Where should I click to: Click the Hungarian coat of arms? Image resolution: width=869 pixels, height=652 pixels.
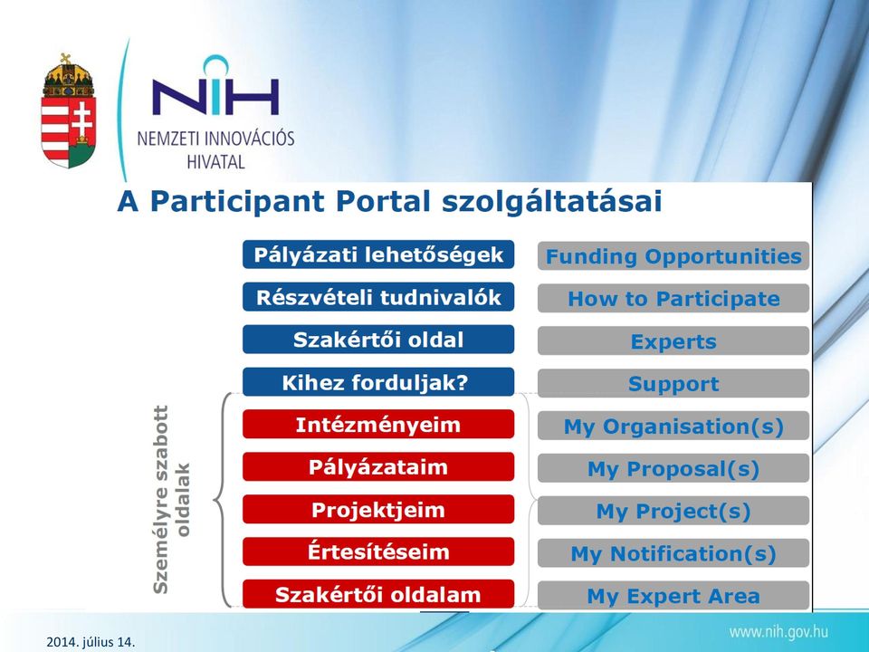pos(68,110)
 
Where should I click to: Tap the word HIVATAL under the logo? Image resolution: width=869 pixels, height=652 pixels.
pos(215,162)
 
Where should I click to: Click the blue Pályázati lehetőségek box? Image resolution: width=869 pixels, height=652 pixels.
pos(378,255)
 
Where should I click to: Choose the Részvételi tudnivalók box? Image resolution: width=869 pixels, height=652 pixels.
pos(378,297)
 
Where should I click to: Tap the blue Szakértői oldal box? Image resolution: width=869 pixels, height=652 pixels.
pos(378,340)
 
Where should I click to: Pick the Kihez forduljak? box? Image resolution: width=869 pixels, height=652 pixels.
pos(378,382)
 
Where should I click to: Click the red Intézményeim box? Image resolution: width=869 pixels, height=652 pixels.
pos(378,425)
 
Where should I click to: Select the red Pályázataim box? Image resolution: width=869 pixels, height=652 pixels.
pos(378,467)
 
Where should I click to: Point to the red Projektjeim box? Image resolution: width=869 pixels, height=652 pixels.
pos(378,510)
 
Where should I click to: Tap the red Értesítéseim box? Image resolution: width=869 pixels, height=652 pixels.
pos(378,551)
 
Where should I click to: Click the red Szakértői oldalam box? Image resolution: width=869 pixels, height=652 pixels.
pos(378,594)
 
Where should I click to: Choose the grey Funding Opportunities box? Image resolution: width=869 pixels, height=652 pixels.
pos(673,256)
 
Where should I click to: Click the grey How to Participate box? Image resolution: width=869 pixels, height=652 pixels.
pos(673,299)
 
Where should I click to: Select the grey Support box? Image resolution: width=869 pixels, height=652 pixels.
pos(673,384)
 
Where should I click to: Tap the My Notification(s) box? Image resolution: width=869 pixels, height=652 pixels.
pos(673,553)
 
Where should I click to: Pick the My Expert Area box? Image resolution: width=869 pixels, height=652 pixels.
pos(673,596)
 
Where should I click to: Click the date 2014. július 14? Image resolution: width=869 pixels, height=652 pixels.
pos(91,642)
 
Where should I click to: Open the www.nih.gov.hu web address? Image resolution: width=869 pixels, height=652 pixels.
pos(778,631)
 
